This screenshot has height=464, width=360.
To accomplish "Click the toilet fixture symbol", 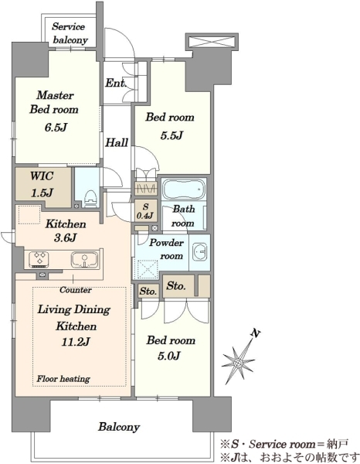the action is pyautogui.click(x=90, y=199).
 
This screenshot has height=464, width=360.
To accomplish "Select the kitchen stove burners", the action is pyautogui.click(x=39, y=259).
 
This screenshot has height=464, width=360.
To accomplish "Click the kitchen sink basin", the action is pyautogui.click(x=84, y=260).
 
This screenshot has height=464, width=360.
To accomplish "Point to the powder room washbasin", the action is pyautogui.click(x=199, y=252).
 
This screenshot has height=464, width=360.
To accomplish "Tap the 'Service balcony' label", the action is pyautogui.click(x=70, y=32).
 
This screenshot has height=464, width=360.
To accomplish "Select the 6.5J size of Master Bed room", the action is pyautogui.click(x=56, y=128).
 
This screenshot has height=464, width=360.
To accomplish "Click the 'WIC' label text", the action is pyautogui.click(x=42, y=176).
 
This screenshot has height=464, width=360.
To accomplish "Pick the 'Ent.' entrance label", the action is pyautogui.click(x=116, y=83).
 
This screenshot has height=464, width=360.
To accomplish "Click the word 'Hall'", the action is pyautogui.click(x=117, y=142).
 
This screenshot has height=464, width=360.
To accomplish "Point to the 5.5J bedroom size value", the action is pyautogui.click(x=172, y=135).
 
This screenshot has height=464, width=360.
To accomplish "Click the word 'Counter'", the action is pyautogui.click(x=76, y=290).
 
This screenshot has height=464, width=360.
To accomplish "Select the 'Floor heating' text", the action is pyautogui.click(x=63, y=379).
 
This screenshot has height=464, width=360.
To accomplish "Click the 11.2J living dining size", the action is pyautogui.click(x=75, y=342).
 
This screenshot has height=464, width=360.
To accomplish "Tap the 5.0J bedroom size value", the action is pyautogui.click(x=168, y=357).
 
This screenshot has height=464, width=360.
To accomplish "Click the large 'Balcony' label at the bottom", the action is pyautogui.click(x=119, y=427).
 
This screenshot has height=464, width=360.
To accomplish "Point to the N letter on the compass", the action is pyautogui.click(x=256, y=333).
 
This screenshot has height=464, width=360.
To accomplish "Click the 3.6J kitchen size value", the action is pyautogui.click(x=66, y=237).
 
